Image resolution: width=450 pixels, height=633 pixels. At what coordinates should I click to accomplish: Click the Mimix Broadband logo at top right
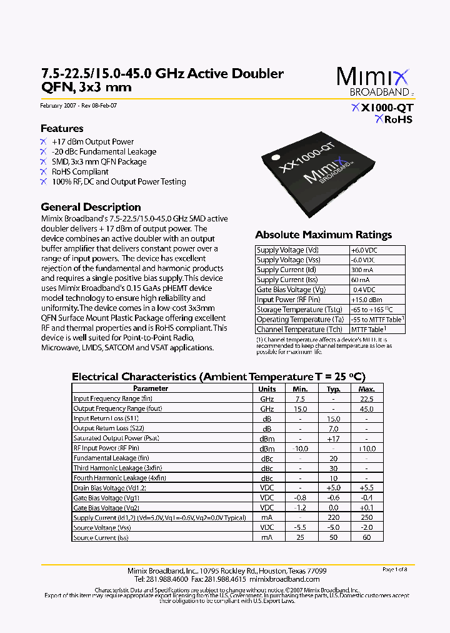tap(374, 82)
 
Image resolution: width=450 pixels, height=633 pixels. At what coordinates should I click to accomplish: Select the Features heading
tap(62, 128)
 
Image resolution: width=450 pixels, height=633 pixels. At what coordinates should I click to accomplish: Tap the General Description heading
tap(91, 207)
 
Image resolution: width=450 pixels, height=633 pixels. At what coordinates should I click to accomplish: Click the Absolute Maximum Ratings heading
tap(323, 235)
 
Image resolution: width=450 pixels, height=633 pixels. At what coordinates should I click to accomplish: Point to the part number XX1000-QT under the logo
tap(382, 108)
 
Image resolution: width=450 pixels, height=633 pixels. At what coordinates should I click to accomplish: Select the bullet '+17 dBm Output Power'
tap(92, 142)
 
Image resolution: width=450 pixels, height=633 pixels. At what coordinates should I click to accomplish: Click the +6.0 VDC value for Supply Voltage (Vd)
tap(364, 250)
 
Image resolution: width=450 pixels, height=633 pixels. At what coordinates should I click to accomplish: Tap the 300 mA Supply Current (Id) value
tap(361, 270)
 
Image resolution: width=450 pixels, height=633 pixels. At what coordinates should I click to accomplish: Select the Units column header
tap(267, 388)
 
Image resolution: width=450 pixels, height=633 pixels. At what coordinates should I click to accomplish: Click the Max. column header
tap(366, 388)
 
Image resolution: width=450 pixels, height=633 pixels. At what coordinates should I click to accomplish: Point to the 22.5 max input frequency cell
tap(366, 398)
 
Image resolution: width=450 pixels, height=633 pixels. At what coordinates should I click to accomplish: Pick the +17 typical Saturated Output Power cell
tap(333, 438)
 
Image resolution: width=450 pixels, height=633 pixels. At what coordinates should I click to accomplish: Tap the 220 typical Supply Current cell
tap(333, 517)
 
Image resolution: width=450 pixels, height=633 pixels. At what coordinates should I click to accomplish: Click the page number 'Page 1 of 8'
tap(394, 569)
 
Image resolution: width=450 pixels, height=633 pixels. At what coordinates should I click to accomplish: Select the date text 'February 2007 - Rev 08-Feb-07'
tap(78, 106)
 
